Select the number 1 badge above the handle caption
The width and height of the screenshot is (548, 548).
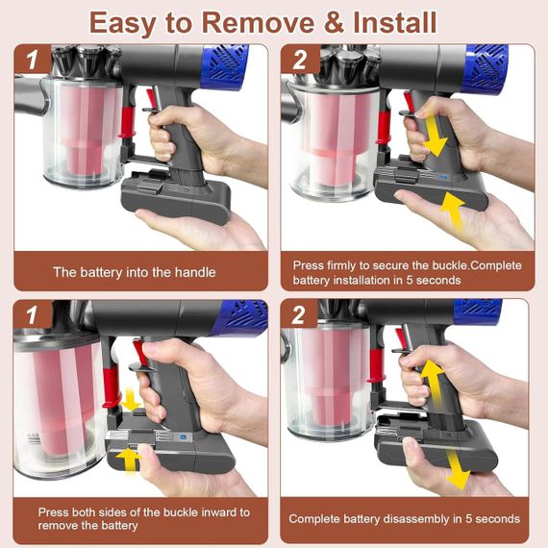[x=33, y=61]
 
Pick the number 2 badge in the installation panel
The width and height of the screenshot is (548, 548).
[x=300, y=61]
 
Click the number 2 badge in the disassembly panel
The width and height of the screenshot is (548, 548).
[x=300, y=315]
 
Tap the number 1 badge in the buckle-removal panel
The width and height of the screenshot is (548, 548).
[x=33, y=315]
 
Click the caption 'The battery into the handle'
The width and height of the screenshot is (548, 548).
[x=134, y=272]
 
